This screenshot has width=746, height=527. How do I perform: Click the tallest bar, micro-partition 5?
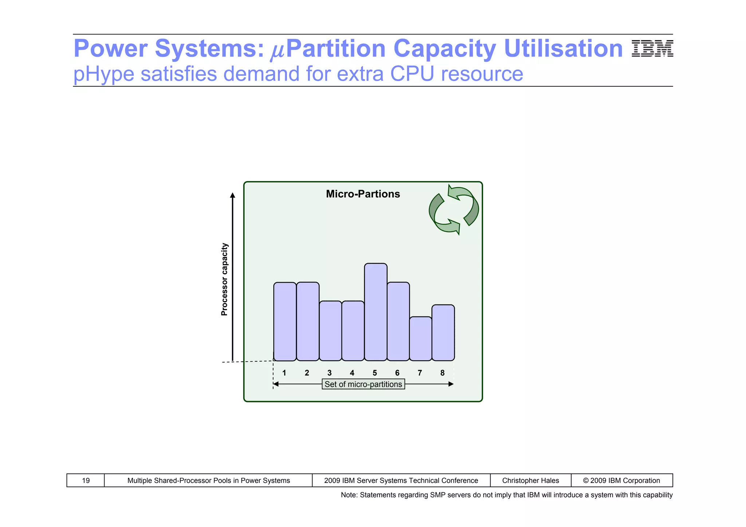[376, 312]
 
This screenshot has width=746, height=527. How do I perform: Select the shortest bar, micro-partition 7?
[421, 339]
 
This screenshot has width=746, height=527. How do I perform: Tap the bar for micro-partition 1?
[285, 322]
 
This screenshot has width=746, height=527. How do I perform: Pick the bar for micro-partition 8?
[443, 333]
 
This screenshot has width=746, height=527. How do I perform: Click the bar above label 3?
[330, 331]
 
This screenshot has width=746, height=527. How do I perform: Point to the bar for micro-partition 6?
[398, 322]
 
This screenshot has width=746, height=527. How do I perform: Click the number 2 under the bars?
[307, 373]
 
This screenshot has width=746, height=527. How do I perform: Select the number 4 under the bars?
[352, 373]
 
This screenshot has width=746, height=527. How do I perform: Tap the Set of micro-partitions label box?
[363, 384]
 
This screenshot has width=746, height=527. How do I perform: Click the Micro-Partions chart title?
[363, 194]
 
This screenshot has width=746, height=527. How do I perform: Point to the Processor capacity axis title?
[224, 279]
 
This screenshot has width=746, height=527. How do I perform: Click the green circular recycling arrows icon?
[454, 209]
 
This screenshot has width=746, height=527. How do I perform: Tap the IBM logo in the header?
[652, 49]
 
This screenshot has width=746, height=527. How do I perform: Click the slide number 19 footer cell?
[86, 480]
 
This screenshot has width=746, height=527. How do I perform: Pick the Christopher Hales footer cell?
[530, 480]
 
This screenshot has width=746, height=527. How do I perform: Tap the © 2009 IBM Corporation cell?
[621, 480]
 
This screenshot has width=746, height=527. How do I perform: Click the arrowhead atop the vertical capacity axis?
[233, 196]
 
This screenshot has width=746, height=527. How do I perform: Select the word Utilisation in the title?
[563, 48]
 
